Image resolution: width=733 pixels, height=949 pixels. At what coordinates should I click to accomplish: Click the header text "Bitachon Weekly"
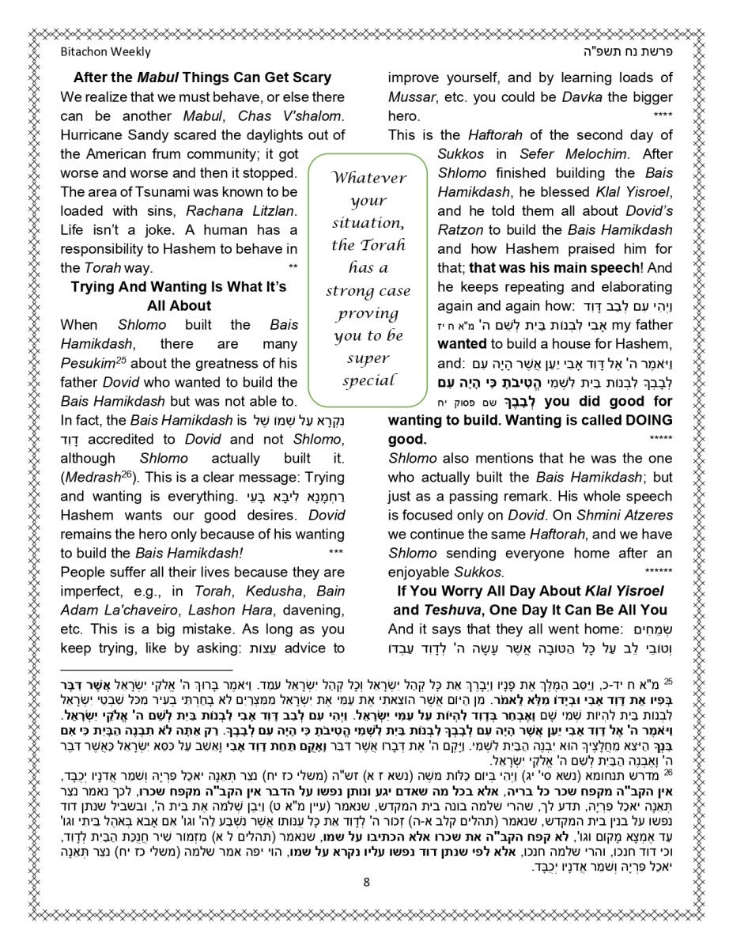105,52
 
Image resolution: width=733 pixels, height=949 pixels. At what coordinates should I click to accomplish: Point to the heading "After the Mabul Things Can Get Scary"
202,78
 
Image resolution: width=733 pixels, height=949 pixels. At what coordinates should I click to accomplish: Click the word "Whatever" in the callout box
368,177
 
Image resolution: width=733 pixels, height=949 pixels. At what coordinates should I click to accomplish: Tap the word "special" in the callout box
368,381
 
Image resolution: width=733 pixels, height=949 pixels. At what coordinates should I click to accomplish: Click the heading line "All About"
179,305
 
